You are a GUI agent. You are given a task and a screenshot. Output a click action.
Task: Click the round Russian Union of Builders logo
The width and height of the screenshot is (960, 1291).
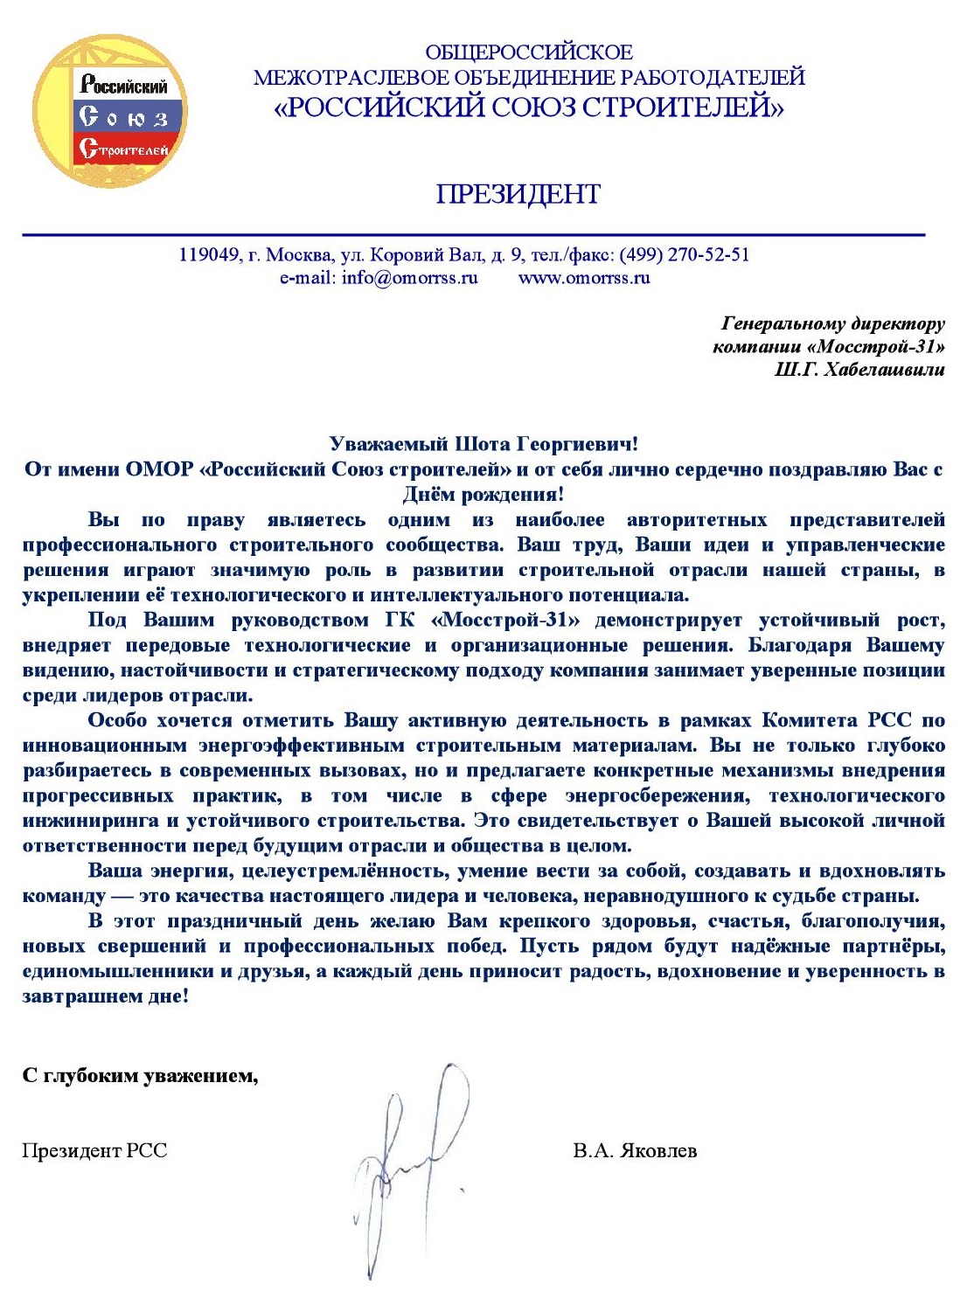point(110,111)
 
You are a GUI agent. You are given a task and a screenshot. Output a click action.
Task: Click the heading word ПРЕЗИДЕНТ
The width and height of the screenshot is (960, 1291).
point(518,194)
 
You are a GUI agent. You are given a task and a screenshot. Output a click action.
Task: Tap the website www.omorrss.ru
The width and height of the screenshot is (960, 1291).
point(584,278)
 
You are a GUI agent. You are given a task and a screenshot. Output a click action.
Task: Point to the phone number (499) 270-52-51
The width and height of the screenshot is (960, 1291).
point(685,254)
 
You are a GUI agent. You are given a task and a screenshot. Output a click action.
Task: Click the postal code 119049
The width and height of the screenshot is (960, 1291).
point(209,254)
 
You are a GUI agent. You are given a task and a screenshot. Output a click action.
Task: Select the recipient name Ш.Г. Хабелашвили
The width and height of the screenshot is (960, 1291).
point(859,369)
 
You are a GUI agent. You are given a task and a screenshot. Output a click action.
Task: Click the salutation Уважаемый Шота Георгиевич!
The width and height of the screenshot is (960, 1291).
point(483,444)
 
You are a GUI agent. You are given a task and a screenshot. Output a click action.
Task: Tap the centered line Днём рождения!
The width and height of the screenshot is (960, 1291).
point(483,495)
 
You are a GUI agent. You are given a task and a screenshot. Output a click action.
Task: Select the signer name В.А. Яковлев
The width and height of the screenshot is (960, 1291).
point(635,1150)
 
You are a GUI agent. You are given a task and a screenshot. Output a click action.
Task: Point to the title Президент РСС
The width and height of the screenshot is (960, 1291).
point(94,1150)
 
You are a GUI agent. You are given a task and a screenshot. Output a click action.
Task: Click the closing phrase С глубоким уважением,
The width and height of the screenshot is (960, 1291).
point(140,1075)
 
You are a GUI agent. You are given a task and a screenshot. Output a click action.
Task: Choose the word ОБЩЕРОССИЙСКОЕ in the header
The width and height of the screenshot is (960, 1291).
point(529,52)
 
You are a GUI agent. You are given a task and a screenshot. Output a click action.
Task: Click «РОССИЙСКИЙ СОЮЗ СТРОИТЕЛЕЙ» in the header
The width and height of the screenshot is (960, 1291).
point(529,108)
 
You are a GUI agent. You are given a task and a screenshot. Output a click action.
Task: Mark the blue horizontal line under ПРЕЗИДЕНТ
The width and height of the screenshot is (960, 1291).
point(473,234)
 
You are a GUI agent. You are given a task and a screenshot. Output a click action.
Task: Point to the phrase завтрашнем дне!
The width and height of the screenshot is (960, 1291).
point(105,996)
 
